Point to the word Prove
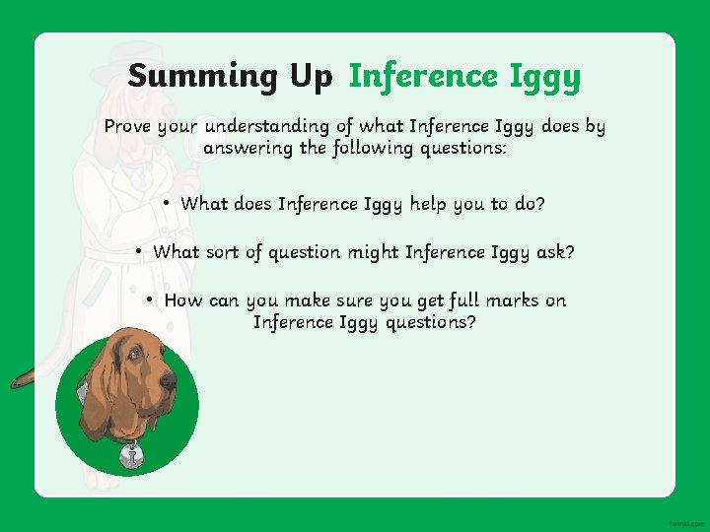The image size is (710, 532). click(130, 126)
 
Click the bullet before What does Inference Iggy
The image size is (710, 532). click(170, 203)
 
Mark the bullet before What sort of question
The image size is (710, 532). click(141, 251)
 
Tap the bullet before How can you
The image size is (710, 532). click(151, 299)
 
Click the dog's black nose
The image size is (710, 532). click(169, 380)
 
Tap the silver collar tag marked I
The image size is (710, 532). click(130, 455)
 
